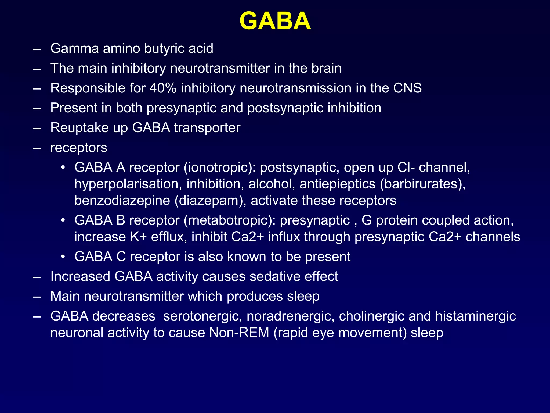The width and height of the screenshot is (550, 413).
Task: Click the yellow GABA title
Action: [x=275, y=21]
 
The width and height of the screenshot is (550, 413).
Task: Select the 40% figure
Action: [x=163, y=88]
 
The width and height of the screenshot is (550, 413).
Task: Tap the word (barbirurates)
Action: [x=422, y=184]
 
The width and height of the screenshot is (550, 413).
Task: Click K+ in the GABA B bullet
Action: [x=138, y=237]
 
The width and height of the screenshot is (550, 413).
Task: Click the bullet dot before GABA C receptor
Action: [x=63, y=257]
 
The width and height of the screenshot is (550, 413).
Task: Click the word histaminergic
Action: [x=475, y=316]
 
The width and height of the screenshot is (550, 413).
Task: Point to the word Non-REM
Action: [x=239, y=333]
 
